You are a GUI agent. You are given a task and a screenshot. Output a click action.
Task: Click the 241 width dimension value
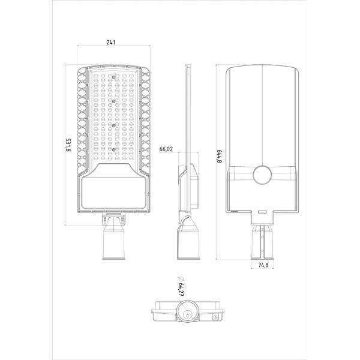[x=111, y=43]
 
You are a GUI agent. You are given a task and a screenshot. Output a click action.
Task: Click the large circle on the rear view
[x=263, y=175]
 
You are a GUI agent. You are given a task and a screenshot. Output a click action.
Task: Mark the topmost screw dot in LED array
[x=113, y=76]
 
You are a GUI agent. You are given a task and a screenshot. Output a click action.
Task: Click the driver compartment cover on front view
[x=113, y=191]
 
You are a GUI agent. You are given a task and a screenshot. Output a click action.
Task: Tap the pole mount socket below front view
[x=113, y=240]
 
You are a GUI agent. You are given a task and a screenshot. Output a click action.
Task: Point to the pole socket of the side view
[x=186, y=240]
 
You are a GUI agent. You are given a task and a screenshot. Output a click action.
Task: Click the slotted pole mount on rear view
[x=262, y=240]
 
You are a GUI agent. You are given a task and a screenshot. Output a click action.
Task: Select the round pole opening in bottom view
[x=187, y=314]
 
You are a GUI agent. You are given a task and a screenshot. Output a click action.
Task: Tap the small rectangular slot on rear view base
[x=262, y=211]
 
